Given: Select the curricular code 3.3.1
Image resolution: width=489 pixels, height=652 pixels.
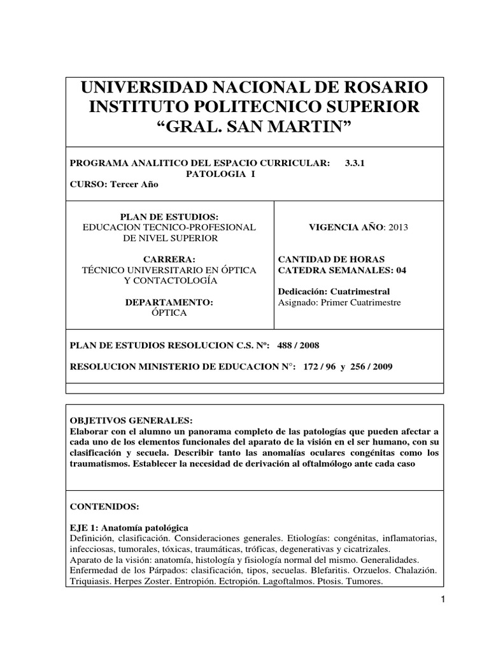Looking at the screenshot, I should (355, 163).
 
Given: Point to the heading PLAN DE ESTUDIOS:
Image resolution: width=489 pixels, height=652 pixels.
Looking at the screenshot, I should (169, 216).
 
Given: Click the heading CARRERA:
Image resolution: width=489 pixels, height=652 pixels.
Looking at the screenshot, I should (169, 259).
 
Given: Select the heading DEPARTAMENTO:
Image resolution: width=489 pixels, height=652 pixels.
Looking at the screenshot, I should (169, 302).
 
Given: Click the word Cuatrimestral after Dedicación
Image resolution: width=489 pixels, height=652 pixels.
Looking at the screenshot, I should (368, 291).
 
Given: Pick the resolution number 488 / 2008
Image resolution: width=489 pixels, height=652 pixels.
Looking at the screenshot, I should (298, 345).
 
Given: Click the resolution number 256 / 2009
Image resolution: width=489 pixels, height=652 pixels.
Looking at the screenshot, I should (374, 367).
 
